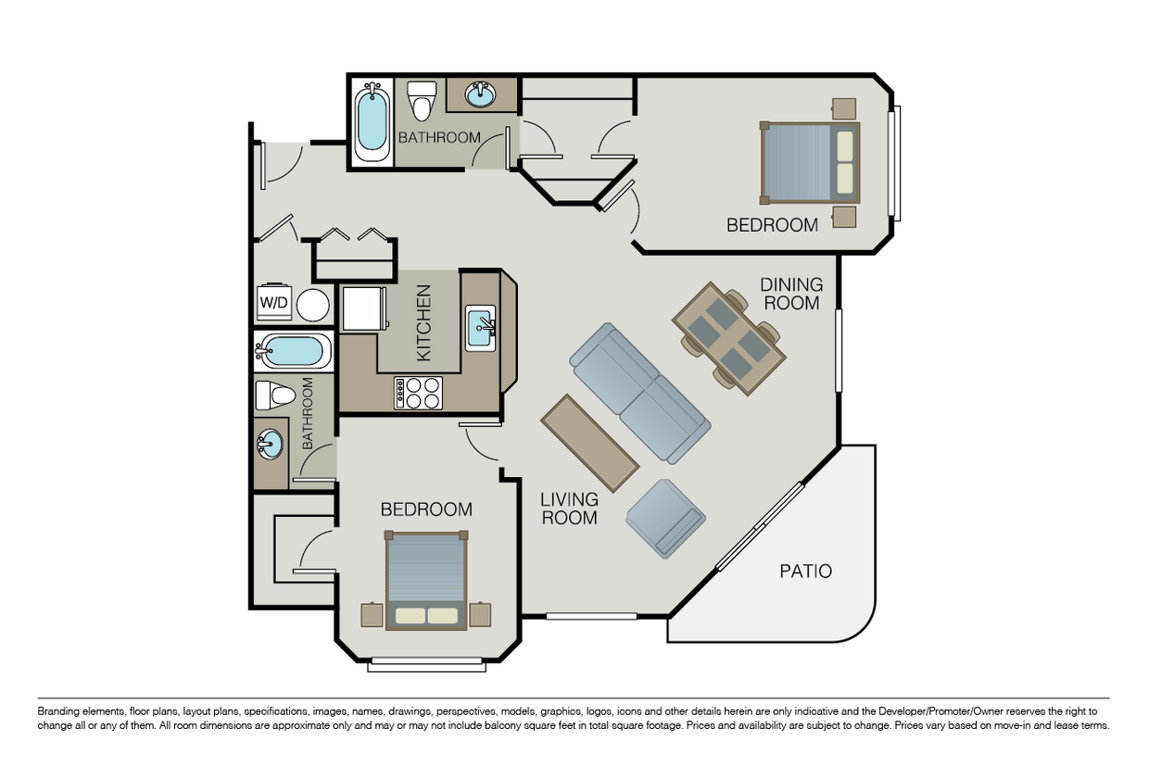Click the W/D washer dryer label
coord(274,302)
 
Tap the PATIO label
coord(806,571)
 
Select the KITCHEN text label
coord(423,323)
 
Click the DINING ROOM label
coord(791,294)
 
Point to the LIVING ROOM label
coord(569,509)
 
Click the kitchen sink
coord(481,328)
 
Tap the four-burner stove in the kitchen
coord(418,394)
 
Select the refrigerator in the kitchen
coord(364,308)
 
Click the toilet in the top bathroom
coord(421,100)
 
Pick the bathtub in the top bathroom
coord(372,122)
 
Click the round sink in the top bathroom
coord(480,94)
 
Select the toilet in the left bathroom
coord(275,396)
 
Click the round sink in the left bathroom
coord(270,444)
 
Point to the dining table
coord(729,338)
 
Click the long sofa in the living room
coord(640,394)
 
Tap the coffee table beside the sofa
coord(590,443)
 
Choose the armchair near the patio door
coord(665,519)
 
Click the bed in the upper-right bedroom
coord(810,163)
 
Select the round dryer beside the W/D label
coord(313,305)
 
